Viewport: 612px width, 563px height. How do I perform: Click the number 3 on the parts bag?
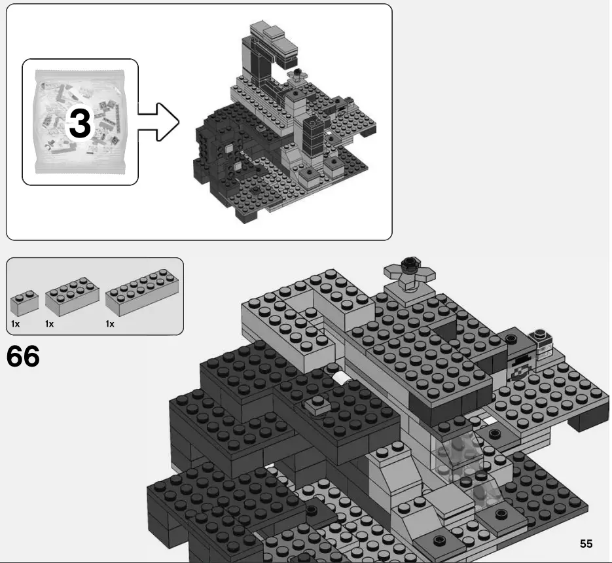pyautogui.click(x=80, y=123)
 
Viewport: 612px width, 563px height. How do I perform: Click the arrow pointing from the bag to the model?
pyautogui.click(x=159, y=121)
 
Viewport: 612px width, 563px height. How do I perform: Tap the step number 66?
pyautogui.click(x=23, y=357)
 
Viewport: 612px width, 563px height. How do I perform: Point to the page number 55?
pyautogui.click(x=585, y=544)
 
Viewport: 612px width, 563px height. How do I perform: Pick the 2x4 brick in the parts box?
pyautogui.click(x=72, y=298)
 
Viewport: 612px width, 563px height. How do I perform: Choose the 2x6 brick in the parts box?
pyautogui.click(x=141, y=293)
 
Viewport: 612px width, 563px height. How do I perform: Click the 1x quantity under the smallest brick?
pyautogui.click(x=15, y=324)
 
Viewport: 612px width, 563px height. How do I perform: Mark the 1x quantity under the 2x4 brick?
pyautogui.click(x=49, y=324)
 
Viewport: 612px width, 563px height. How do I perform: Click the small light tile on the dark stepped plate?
pyautogui.click(x=316, y=405)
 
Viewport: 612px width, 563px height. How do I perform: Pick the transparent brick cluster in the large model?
pyautogui.click(x=458, y=458)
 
